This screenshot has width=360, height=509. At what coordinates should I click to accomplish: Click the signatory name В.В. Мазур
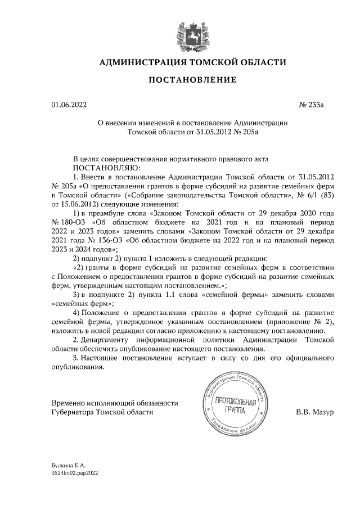[x=315, y=412]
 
